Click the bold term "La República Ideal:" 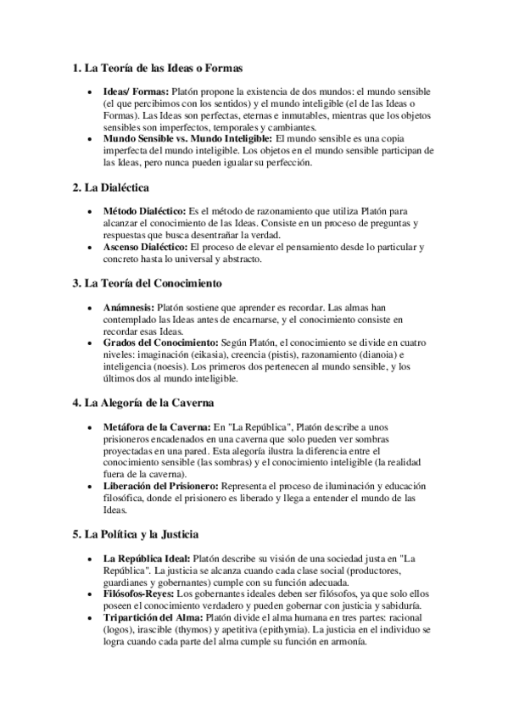[x=147, y=559]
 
